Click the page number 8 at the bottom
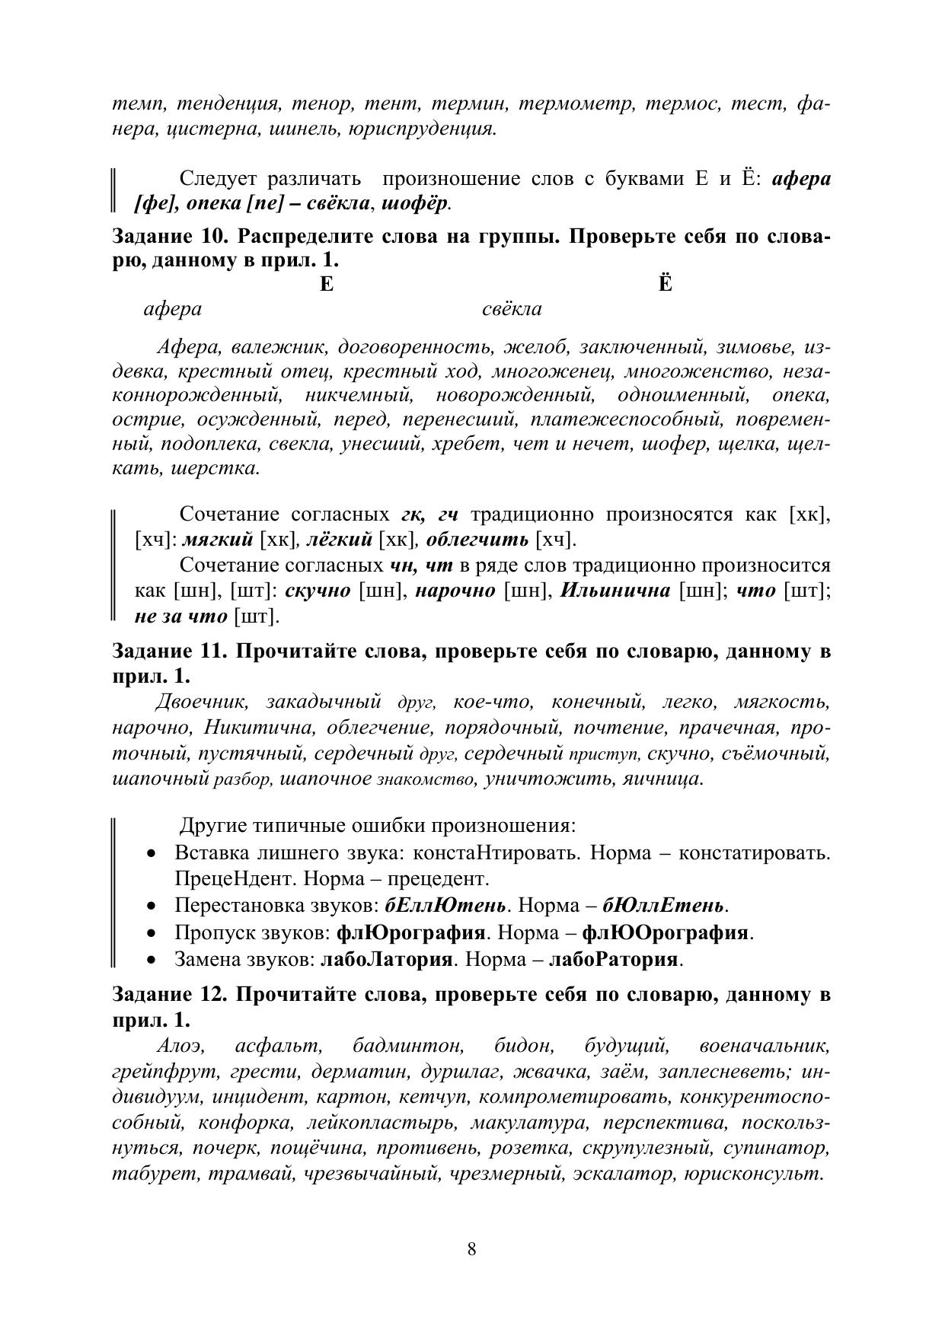click(472, 1249)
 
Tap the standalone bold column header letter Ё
click(665, 285)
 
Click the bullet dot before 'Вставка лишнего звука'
click(154, 853)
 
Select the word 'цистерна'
click(214, 128)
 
